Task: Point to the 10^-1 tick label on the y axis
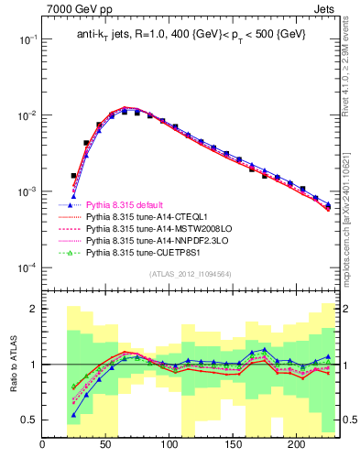[27, 40]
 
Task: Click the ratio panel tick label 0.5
[29, 420]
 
